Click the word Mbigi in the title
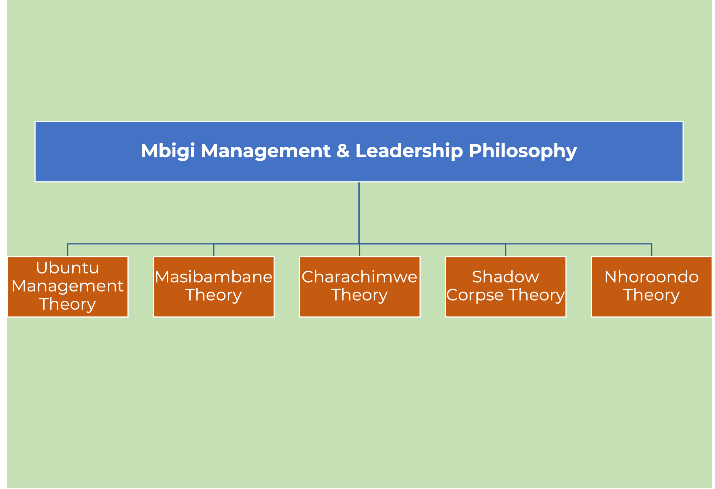click(168, 151)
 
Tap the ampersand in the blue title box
click(343, 151)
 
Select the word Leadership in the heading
click(409, 151)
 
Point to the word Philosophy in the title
click(523, 151)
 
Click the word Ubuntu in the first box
click(67, 268)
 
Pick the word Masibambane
click(213, 277)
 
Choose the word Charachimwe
click(359, 277)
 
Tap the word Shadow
click(506, 277)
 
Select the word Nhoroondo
click(651, 277)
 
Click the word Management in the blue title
click(266, 151)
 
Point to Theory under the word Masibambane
click(213, 295)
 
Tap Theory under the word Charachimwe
click(359, 295)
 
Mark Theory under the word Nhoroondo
click(651, 295)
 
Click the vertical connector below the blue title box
click(359, 213)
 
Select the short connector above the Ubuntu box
click(68, 250)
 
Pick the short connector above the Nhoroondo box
click(652, 250)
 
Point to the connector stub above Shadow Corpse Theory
click(506, 250)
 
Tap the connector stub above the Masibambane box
click(214, 250)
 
